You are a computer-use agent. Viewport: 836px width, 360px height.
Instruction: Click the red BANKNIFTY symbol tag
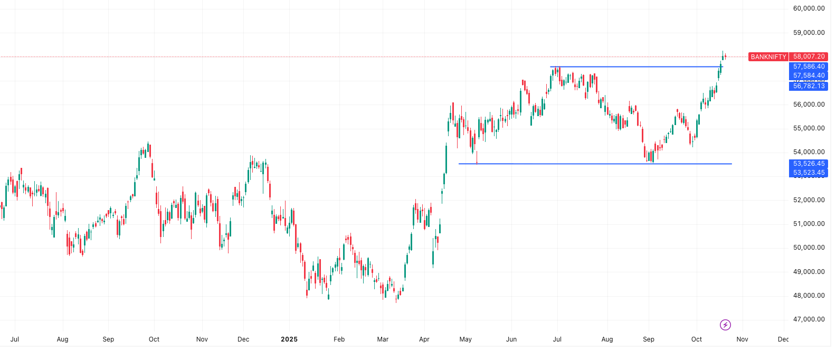[x=768, y=56]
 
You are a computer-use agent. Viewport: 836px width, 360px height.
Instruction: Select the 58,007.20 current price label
[x=809, y=56]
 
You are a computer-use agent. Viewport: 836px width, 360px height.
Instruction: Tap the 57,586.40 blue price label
[x=809, y=67]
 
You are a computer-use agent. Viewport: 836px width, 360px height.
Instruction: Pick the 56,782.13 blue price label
[x=809, y=86]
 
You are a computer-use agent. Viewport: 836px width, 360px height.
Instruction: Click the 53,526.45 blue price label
[x=809, y=164]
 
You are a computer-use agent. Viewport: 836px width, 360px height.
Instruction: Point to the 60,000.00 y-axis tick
[x=809, y=8]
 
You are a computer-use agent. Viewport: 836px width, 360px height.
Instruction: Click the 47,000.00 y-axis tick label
[x=809, y=319]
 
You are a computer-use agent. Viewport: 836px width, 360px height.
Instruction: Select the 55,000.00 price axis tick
[x=809, y=128]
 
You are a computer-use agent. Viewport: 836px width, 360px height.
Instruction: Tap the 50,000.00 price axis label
[x=809, y=248]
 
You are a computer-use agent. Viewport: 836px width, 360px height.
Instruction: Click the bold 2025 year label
[x=289, y=339]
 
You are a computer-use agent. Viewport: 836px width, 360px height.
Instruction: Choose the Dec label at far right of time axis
[x=783, y=339]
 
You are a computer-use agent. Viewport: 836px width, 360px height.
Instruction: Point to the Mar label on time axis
[x=383, y=339]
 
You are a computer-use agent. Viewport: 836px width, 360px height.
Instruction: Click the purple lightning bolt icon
[x=725, y=325]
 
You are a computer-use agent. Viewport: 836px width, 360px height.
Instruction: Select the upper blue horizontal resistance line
[x=633, y=67]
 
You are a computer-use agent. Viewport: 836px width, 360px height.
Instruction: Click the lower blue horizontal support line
[x=581, y=164]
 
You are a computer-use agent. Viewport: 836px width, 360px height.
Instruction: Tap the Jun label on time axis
[x=511, y=339]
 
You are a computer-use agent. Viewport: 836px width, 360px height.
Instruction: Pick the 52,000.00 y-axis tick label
[x=809, y=200]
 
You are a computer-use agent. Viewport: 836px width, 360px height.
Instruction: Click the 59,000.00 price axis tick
[x=809, y=33]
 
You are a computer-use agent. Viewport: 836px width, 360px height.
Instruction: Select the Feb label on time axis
[x=339, y=339]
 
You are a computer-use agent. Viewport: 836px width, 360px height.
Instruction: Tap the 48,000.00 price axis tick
[x=809, y=296]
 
